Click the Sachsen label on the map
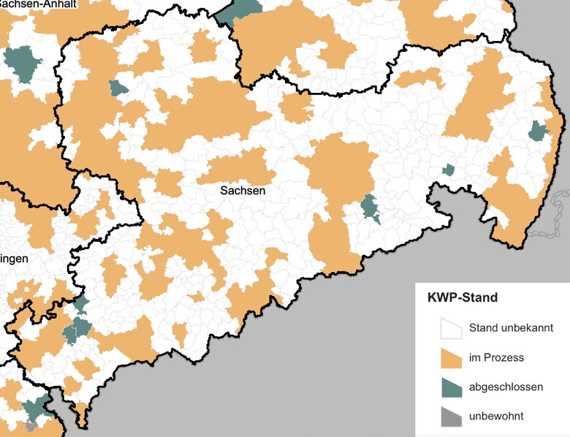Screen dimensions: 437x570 coord(242,190)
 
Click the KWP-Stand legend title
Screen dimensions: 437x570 coord(462,298)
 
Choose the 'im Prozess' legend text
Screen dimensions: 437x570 coord(496,357)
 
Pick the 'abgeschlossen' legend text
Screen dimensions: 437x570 coord(506,387)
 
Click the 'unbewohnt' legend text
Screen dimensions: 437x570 coord(496,416)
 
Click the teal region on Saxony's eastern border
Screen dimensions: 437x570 coord(539,131)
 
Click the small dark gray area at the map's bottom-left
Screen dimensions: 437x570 coord(31,425)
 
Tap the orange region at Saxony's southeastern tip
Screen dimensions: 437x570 coord(512,227)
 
